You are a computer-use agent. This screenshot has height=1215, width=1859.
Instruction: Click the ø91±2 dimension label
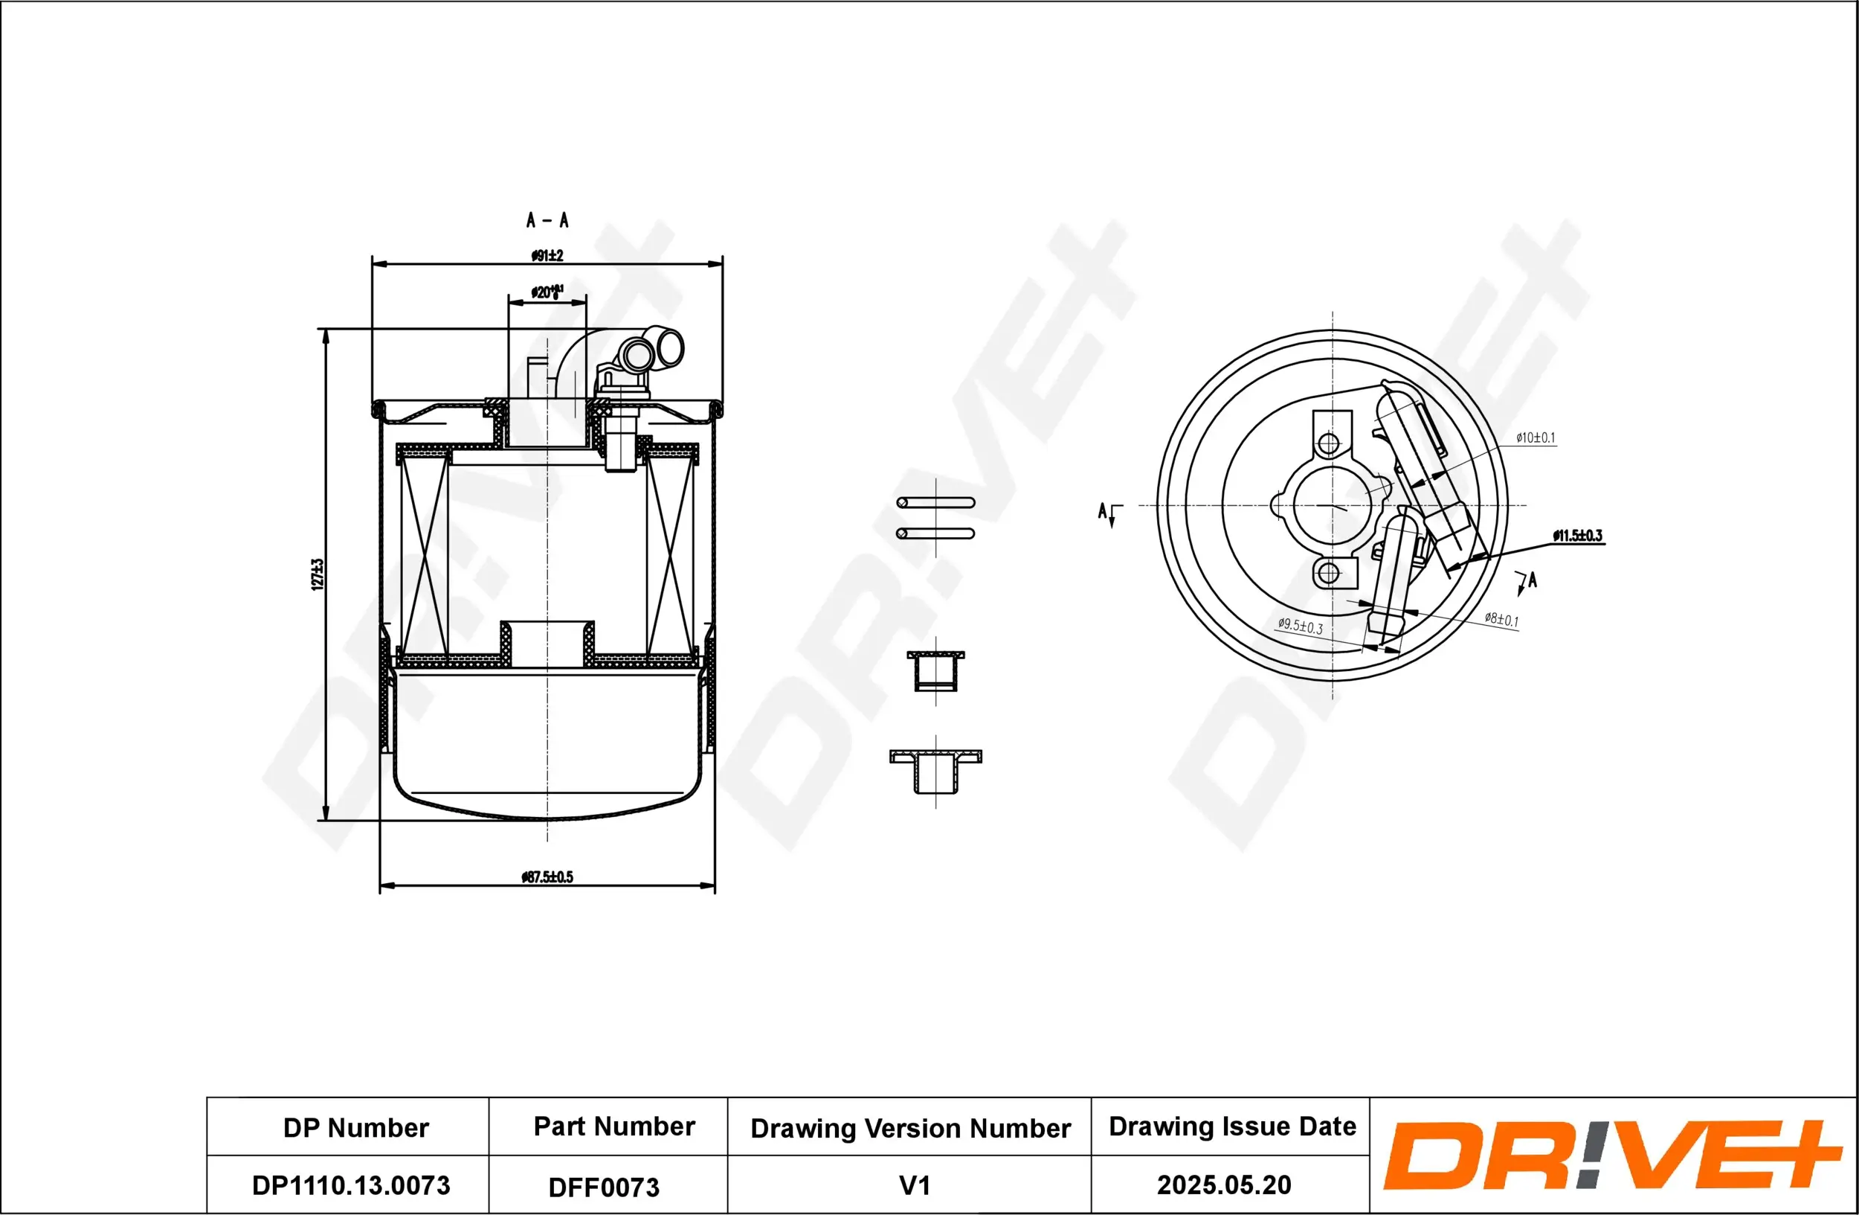[x=547, y=255]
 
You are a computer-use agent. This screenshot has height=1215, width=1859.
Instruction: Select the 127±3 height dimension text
[x=317, y=574]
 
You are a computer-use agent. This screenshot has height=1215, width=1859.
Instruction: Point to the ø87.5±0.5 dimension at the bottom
[x=547, y=876]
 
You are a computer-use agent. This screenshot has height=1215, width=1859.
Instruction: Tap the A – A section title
[x=547, y=220]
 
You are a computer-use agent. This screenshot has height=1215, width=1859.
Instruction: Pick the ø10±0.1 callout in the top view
[x=1535, y=437]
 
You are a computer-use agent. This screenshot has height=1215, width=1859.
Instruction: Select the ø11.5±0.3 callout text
[x=1577, y=535]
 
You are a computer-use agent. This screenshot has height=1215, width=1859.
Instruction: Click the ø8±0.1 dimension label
[x=1501, y=620]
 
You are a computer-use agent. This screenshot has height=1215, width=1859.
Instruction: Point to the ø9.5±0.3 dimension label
[x=1301, y=626]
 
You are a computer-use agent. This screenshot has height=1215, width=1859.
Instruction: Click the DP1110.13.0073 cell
[x=351, y=1185]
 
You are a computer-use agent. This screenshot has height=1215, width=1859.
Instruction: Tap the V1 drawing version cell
[x=914, y=1185]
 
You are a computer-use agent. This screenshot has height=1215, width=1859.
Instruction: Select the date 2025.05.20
[x=1223, y=1184]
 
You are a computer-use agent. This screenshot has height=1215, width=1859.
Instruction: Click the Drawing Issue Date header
[x=1232, y=1126]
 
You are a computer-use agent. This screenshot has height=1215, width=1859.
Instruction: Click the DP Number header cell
[x=355, y=1127]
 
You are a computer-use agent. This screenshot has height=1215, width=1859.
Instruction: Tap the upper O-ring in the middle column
[x=935, y=502]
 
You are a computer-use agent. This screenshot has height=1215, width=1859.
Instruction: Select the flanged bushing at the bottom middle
[x=935, y=769]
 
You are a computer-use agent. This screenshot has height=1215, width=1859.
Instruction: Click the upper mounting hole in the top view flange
[x=1329, y=443]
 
